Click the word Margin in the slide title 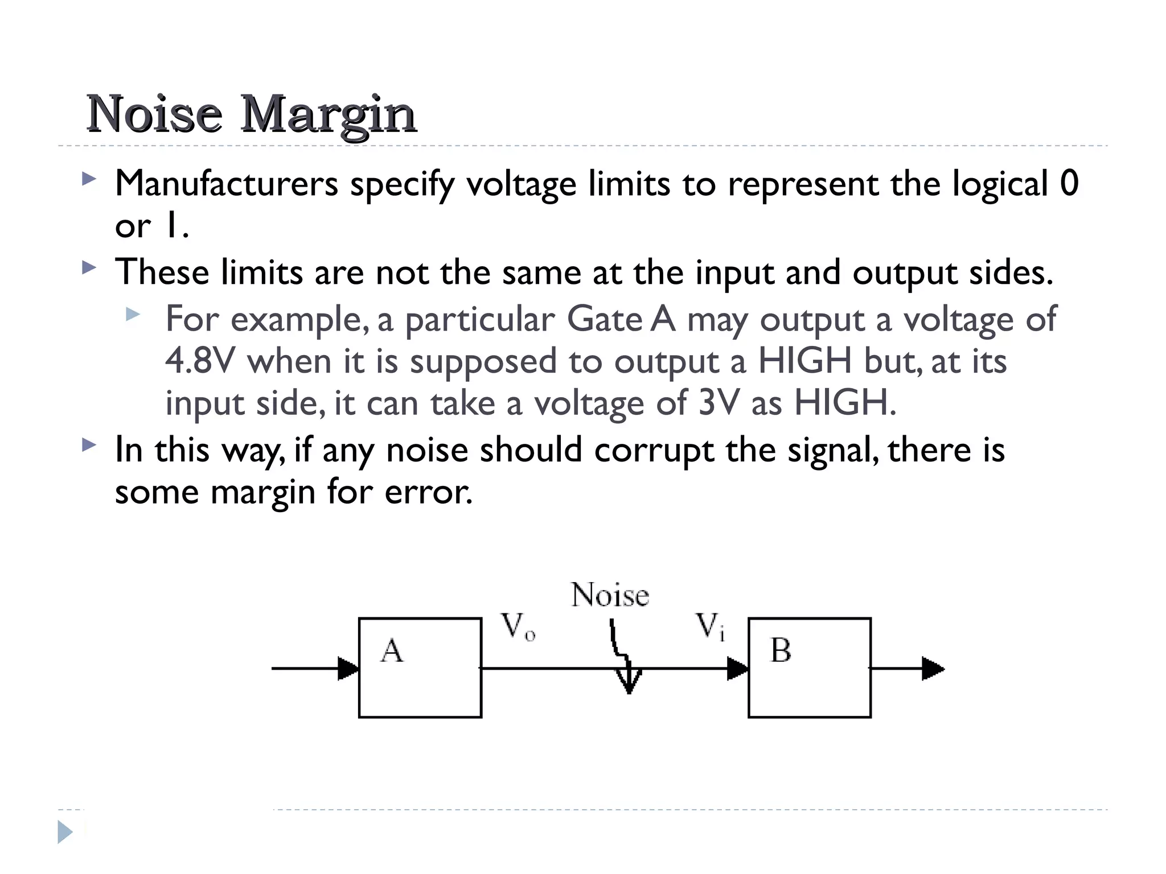[x=329, y=116]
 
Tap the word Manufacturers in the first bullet [x=227, y=184]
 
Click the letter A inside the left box [x=392, y=651]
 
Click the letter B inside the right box [x=781, y=650]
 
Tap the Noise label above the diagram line [x=610, y=596]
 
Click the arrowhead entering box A [x=348, y=669]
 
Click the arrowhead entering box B [x=737, y=669]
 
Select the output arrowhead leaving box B [x=933, y=669]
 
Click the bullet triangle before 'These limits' [x=89, y=267]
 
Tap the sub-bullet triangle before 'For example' [x=133, y=314]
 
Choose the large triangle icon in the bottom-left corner [x=65, y=832]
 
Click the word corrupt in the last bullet [x=654, y=451]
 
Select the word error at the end [x=428, y=492]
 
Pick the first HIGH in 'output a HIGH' [x=804, y=361]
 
